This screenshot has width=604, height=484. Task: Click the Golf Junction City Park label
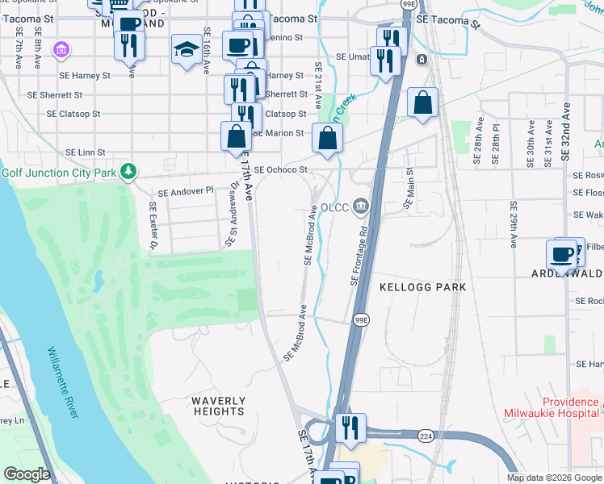click(x=58, y=172)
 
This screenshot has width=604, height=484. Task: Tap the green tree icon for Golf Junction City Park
click(x=128, y=171)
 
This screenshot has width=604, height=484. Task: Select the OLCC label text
click(x=334, y=207)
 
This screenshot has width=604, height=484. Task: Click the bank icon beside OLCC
click(x=359, y=207)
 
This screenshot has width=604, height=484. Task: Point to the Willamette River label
click(x=63, y=382)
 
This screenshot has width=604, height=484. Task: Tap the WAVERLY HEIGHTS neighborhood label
click(x=218, y=406)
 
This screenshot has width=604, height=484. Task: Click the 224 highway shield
click(x=425, y=436)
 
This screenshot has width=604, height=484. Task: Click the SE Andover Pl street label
click(x=185, y=192)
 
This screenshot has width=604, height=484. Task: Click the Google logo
click(x=27, y=474)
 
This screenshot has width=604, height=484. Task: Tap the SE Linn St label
click(x=86, y=152)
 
